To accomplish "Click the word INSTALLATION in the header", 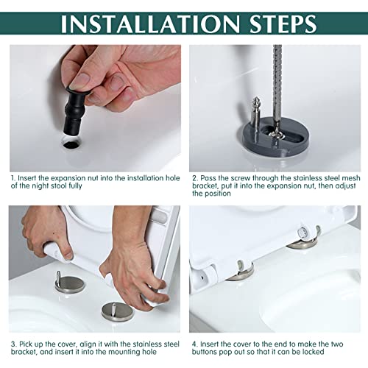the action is pyautogui.click(x=150, y=24).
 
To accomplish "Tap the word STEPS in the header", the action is pyautogui.click(x=283, y=24).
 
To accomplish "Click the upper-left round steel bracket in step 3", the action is pyautogui.click(x=70, y=285).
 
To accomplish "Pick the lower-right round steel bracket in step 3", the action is pyautogui.click(x=118, y=312).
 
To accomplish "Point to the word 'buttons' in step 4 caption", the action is pyautogui.click(x=205, y=352).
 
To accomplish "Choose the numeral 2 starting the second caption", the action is pyautogui.click(x=194, y=178).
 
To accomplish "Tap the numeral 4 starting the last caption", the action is pyautogui.click(x=194, y=344).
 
